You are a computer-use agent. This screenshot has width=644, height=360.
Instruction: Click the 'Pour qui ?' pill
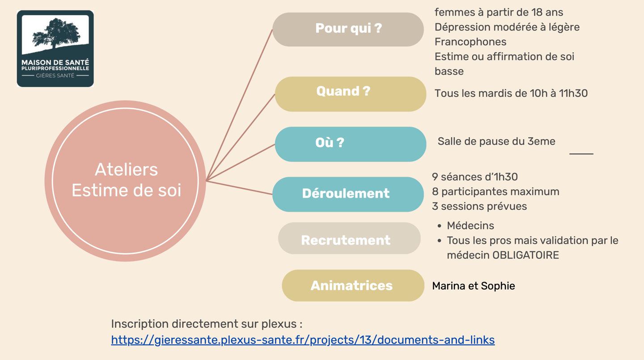click(x=348, y=29)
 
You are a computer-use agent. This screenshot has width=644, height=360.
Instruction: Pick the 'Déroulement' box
click(x=347, y=194)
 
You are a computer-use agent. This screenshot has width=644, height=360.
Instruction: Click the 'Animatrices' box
click(x=352, y=285)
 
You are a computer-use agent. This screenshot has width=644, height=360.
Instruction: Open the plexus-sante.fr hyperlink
click(x=303, y=340)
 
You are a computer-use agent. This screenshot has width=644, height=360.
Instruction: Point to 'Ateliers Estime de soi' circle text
click(x=126, y=180)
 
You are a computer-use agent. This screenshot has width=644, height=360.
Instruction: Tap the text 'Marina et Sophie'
click(x=473, y=286)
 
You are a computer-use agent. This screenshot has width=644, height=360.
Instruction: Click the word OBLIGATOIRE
click(x=525, y=255)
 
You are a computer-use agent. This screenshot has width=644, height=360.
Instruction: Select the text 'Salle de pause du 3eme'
click(x=496, y=141)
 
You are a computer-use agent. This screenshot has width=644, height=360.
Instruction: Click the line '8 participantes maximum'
click(x=495, y=191)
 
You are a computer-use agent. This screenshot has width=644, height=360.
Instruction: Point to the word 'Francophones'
click(x=470, y=42)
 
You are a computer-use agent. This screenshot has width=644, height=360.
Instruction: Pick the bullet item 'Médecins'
click(x=470, y=225)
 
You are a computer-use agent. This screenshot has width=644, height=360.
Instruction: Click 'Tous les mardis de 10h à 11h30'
click(x=511, y=93)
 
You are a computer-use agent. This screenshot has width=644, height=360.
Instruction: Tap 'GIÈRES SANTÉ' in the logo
click(x=55, y=76)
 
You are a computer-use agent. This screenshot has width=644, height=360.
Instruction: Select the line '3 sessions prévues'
click(x=479, y=206)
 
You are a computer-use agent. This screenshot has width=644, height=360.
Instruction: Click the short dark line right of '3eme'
click(x=581, y=154)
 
